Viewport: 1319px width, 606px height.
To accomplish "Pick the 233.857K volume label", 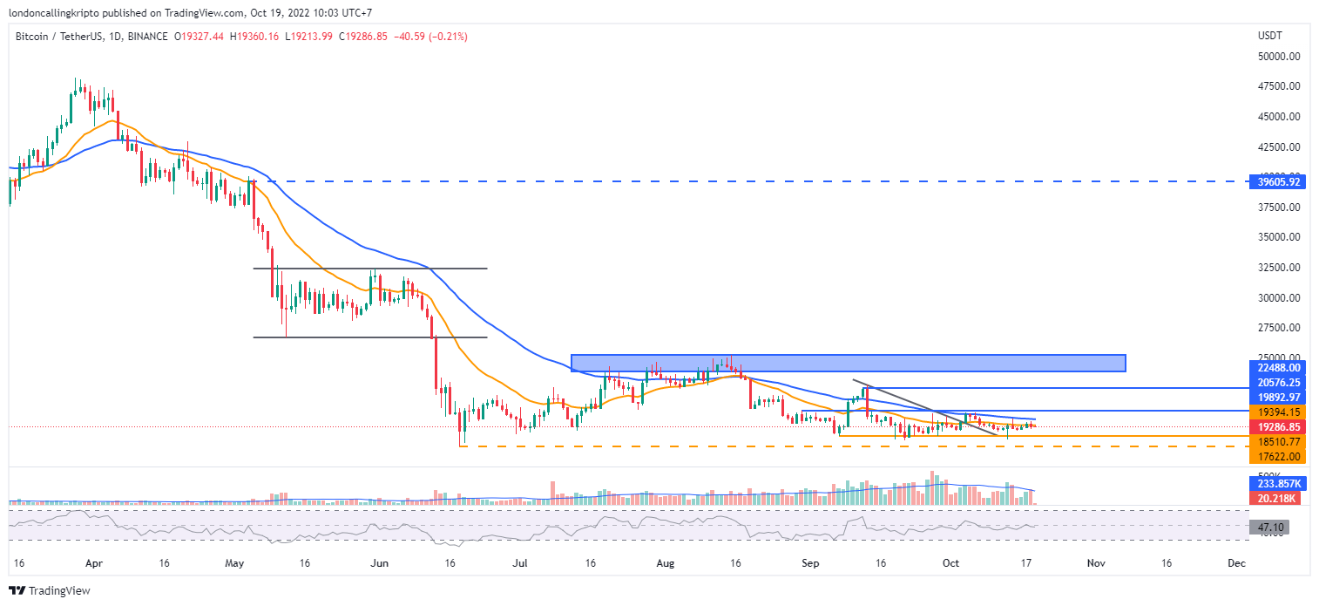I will pos(1273,483).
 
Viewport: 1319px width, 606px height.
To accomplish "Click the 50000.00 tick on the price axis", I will pos(1280,56).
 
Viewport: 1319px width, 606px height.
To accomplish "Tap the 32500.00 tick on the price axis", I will pos(1280,268).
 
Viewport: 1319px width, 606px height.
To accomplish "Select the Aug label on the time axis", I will pos(665,564).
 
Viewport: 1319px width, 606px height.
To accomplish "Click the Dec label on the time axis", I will pos(1235,564).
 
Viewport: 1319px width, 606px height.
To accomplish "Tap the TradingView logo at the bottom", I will pos(50,591).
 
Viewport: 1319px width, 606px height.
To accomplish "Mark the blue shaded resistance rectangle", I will pos(848,363).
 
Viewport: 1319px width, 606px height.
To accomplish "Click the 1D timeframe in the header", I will pos(116,37).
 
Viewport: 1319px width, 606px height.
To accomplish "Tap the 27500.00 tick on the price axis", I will pos(1280,328).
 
